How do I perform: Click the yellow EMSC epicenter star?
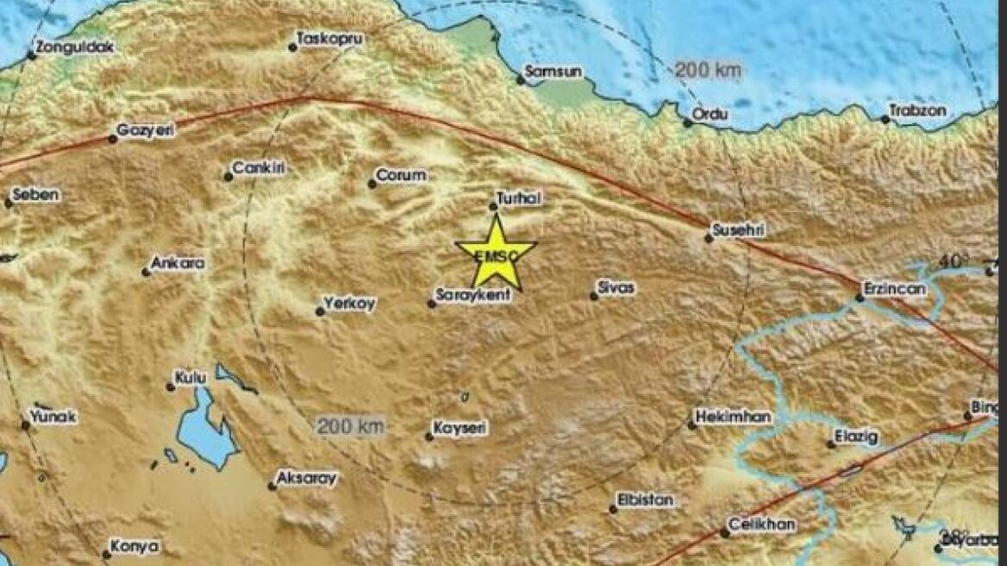point(496,254)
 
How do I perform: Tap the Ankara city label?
point(178,263)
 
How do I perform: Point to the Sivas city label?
point(617,288)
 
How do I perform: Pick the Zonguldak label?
point(76,47)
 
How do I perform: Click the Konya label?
point(136,546)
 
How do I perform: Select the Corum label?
point(403,175)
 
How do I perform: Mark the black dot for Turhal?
point(493,206)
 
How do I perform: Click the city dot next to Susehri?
point(709,238)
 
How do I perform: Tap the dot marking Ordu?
point(688,123)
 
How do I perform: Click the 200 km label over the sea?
point(708,71)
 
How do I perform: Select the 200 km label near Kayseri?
point(350,425)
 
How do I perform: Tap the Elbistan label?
point(646,500)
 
